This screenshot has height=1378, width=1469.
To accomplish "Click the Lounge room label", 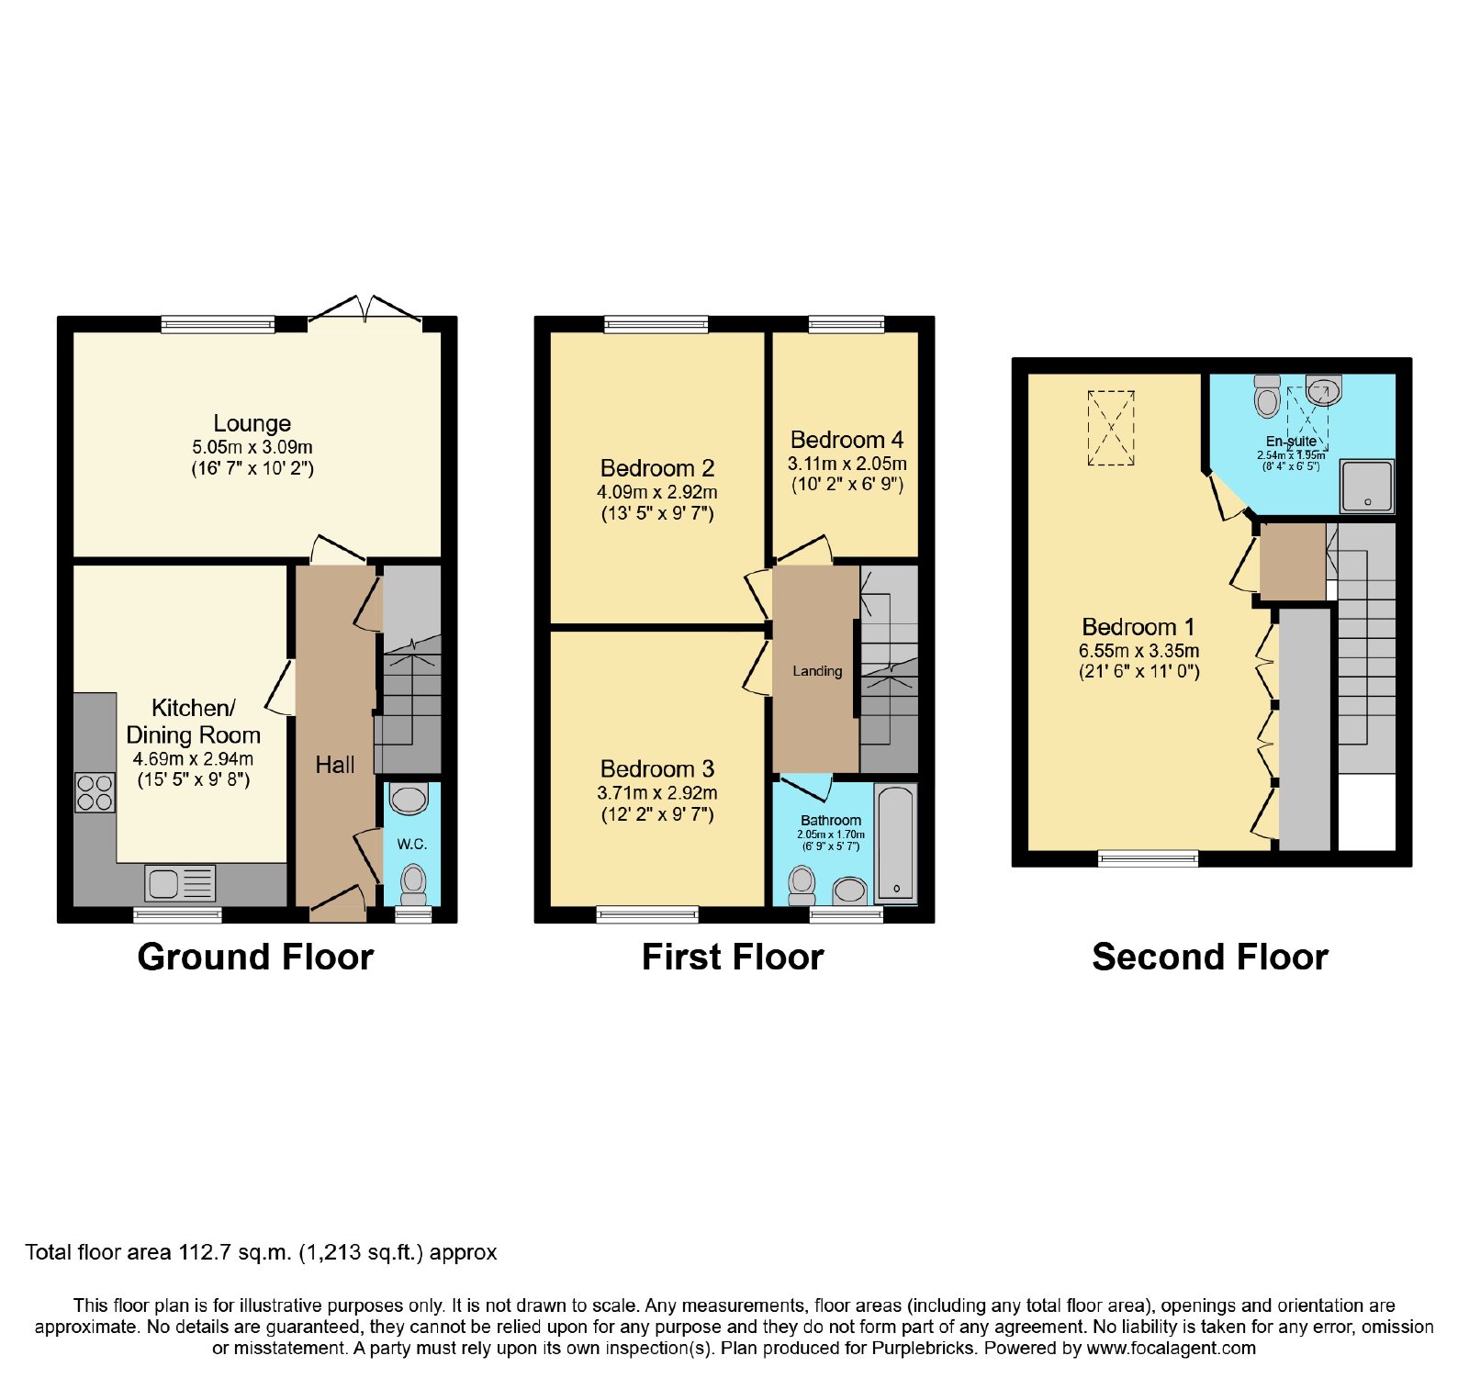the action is (252, 423).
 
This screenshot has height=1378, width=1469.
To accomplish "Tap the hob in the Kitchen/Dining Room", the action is (95, 793).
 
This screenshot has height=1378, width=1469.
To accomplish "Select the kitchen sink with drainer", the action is (180, 883).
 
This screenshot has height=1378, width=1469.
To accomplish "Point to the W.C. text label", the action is (412, 844).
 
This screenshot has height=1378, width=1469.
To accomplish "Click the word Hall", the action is (335, 765).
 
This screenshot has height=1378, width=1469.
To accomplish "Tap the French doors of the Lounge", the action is (365, 310).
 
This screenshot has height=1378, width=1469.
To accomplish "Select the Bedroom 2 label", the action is (657, 468).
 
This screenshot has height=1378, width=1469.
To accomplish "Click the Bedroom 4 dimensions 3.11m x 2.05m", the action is (847, 464).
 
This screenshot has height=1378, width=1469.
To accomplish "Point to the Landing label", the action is (817, 671).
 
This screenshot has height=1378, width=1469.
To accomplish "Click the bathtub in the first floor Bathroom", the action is (895, 843).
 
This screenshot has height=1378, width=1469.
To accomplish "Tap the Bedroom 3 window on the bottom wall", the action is (647, 914).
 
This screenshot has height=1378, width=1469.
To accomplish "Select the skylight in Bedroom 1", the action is (1111, 428).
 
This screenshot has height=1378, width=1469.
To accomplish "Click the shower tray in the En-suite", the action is (1367, 486).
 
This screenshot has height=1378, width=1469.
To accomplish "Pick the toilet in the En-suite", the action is (1268, 396).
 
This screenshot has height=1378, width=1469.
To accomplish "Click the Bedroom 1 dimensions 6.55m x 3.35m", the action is (1138, 651).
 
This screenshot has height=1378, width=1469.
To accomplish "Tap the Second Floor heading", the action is (1210, 958).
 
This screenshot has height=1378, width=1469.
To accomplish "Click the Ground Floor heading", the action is (255, 958).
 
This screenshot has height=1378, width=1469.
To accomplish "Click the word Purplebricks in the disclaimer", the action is (921, 1349).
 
